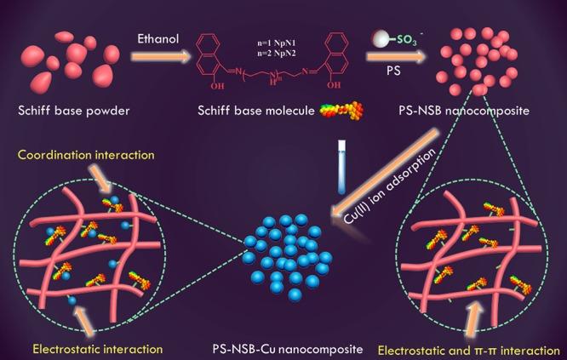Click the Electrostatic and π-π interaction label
tap(467, 348)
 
